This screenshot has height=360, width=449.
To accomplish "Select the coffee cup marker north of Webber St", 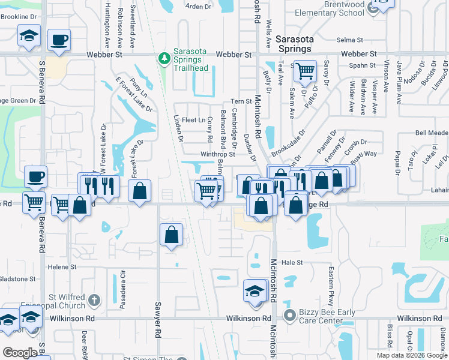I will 59,40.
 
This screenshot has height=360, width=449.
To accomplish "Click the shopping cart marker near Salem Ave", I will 306,71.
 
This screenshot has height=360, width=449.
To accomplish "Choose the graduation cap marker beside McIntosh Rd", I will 255,292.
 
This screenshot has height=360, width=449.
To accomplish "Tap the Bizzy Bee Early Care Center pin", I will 291,314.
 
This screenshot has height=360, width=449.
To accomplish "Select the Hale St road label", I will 292,262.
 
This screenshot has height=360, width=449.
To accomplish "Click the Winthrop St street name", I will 217,154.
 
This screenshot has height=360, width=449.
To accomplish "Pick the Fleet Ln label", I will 193,120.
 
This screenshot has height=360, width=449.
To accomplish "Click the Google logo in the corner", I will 20,352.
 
